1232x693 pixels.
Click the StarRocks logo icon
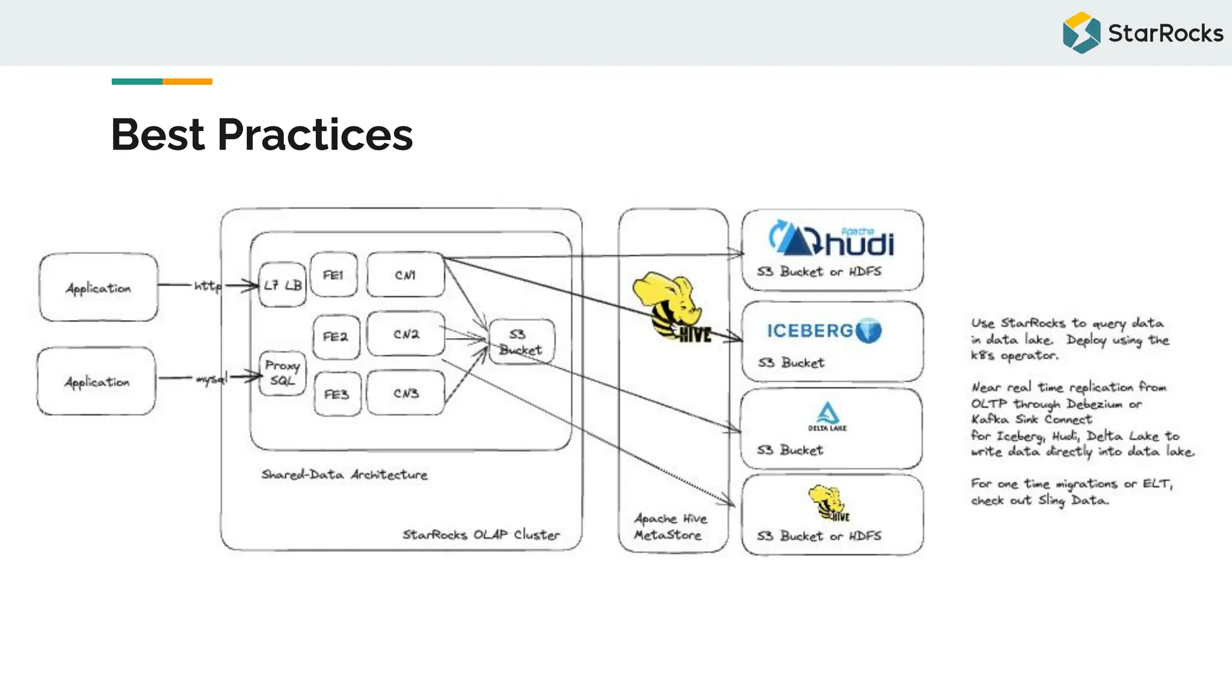pos(1081,33)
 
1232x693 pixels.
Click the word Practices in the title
pos(315,135)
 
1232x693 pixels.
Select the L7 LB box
pos(283,285)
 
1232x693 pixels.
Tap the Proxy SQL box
pos(282,373)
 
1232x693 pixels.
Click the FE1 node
pos(333,275)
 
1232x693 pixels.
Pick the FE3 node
pos(337,394)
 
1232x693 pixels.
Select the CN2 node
pos(406,334)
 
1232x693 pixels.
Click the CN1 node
pos(405,275)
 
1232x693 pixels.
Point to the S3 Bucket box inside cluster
pos(521,342)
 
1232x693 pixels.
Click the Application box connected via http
pos(99,288)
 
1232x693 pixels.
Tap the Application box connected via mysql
pos(97,381)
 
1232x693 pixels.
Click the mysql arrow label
pos(211,378)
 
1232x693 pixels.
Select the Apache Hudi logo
pos(831,239)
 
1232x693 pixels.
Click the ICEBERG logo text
pos(810,331)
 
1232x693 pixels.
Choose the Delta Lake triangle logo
pos(828,414)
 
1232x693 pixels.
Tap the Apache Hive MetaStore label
pos(670,526)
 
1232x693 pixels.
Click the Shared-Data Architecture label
pos(344,475)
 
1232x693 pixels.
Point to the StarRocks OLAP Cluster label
pos(481,534)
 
